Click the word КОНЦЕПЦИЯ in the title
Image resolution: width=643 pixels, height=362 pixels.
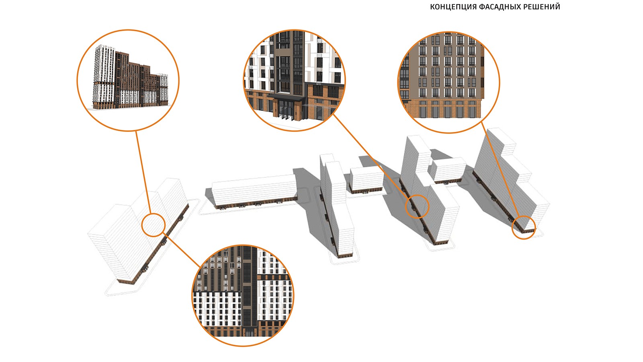[x=453, y=7]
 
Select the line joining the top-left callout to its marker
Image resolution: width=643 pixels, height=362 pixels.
[x=143, y=173]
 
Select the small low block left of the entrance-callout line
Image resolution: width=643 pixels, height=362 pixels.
[x=366, y=180]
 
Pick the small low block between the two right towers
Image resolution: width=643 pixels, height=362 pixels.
[x=448, y=171]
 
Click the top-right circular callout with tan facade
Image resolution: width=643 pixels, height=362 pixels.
[x=448, y=82]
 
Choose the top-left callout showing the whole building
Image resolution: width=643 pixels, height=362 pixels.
[x=128, y=80]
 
